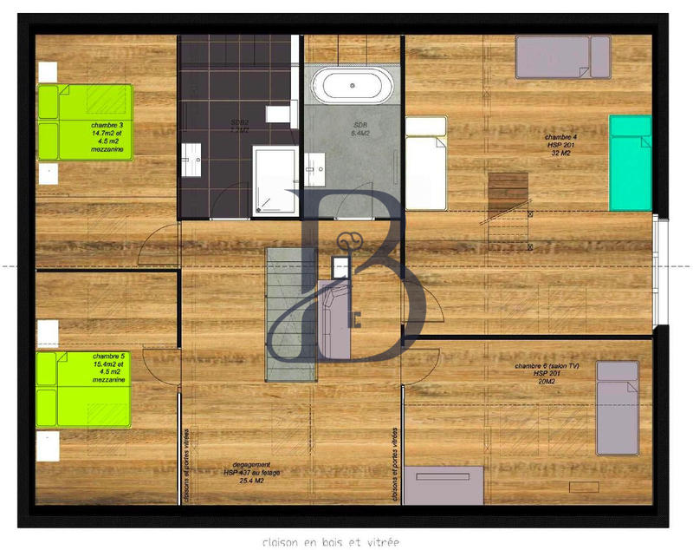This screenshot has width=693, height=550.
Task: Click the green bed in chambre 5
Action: click(x=83, y=389)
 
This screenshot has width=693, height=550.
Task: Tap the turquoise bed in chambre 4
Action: click(x=630, y=162)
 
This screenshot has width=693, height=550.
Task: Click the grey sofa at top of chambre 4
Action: click(x=562, y=56)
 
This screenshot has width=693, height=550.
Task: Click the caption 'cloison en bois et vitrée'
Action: click(x=333, y=541)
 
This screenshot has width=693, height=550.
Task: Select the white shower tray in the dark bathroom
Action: click(x=275, y=180)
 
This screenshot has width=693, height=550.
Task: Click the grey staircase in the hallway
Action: click(x=292, y=311)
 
